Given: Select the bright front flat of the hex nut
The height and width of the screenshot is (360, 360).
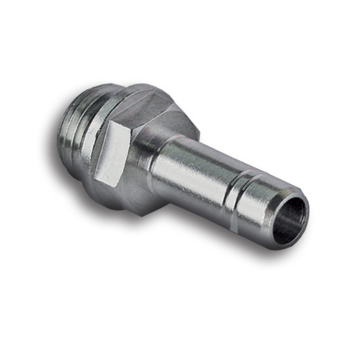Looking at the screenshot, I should [111, 157].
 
